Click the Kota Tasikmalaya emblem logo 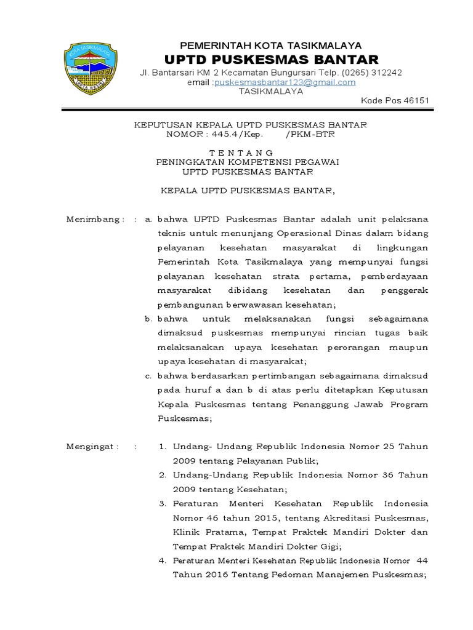91,68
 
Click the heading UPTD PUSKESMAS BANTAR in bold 271,59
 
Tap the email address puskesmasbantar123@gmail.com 285,82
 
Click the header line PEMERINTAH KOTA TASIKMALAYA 270,46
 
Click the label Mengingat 92,446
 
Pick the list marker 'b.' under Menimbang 148,319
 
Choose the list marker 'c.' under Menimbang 148,376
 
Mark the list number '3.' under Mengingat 163,503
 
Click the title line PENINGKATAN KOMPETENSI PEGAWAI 248,162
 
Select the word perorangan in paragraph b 348,348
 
